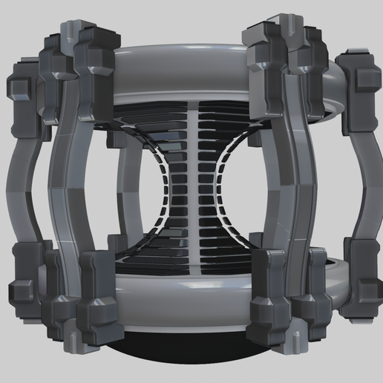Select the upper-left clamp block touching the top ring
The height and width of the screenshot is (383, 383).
click(x=100, y=56)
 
